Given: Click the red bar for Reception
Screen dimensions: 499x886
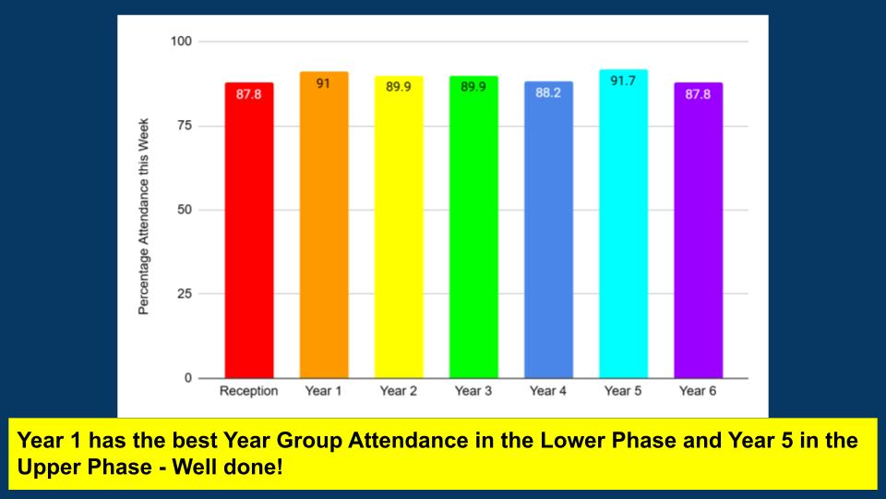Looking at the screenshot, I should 248,231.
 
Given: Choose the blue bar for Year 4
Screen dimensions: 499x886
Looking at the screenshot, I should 548,231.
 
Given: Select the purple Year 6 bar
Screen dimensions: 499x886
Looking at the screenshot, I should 698,231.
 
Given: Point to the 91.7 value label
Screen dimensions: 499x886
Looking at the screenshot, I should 623,81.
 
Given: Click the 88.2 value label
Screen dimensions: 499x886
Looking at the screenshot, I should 548,93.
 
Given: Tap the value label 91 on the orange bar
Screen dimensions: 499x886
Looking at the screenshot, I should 324,83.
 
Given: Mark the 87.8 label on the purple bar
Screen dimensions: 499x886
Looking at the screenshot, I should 698,94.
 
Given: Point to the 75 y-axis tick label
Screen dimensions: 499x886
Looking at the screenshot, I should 185,126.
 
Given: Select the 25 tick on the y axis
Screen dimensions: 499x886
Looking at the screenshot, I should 185,294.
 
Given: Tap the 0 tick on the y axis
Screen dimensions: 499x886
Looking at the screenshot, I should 188,378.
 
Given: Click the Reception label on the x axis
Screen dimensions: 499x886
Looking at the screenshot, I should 248,391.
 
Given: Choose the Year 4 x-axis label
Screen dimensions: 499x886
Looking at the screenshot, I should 548,391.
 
